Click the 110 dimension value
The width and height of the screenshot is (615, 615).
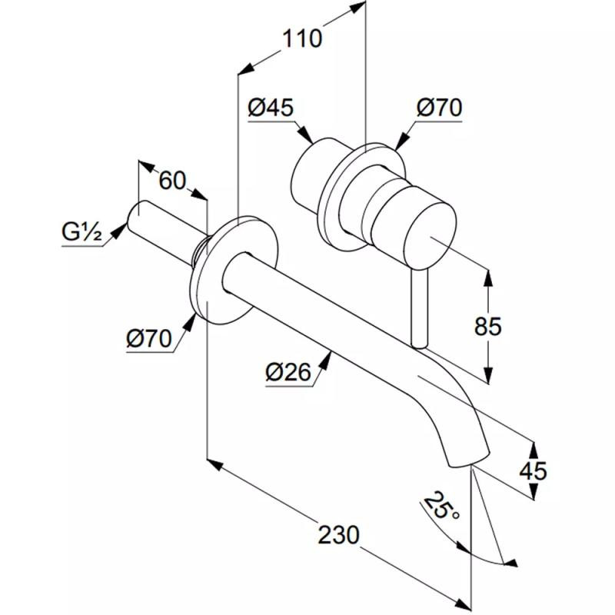point(301,38)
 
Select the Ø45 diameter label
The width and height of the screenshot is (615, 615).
point(271,108)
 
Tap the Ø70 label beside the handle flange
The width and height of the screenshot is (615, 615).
point(440,108)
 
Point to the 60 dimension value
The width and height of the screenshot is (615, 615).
point(173,181)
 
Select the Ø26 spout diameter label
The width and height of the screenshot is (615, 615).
point(288,373)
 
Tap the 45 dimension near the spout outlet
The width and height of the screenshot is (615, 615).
point(532,470)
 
